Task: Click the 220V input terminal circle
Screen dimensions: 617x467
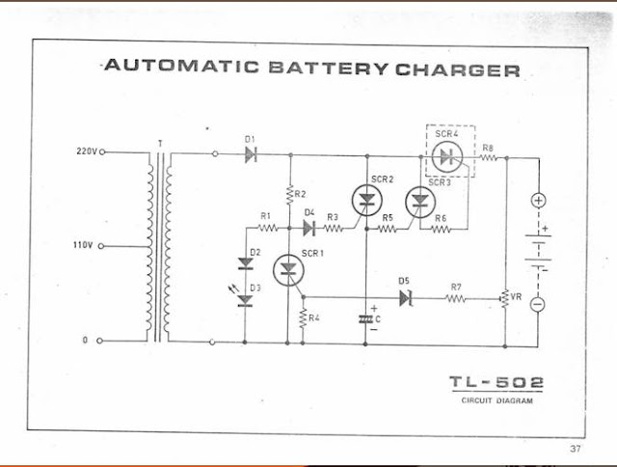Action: (102, 152)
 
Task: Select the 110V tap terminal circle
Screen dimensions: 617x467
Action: (101, 246)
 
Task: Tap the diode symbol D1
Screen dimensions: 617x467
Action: (251, 154)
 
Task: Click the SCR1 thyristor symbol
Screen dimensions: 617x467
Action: (288, 270)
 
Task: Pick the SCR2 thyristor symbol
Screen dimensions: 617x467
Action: (367, 201)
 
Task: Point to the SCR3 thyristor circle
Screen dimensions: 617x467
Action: (420, 203)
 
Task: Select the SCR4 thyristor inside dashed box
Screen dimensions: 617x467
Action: (447, 156)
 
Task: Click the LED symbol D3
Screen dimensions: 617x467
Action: (245, 301)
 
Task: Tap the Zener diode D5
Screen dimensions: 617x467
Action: (405, 298)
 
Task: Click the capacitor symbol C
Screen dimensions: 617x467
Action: (365, 319)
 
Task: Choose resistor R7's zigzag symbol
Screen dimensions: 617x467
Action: (456, 299)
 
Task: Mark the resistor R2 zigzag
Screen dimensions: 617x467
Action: (290, 195)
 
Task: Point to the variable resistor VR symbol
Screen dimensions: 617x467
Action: (505, 299)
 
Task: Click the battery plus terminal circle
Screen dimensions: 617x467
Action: (538, 201)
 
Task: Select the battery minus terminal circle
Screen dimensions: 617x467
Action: (538, 304)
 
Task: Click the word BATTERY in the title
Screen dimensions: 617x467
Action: (329, 69)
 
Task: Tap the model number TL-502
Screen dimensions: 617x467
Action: (496, 382)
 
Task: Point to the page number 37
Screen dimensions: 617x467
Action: (575, 449)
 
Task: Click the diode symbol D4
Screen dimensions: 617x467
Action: (309, 228)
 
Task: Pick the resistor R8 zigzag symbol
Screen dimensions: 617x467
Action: (488, 157)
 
